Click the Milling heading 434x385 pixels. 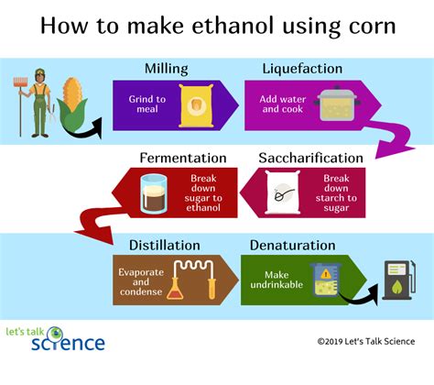point(168,69)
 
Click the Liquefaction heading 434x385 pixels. point(301,69)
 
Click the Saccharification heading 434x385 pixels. point(310,157)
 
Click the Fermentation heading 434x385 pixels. point(183,157)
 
